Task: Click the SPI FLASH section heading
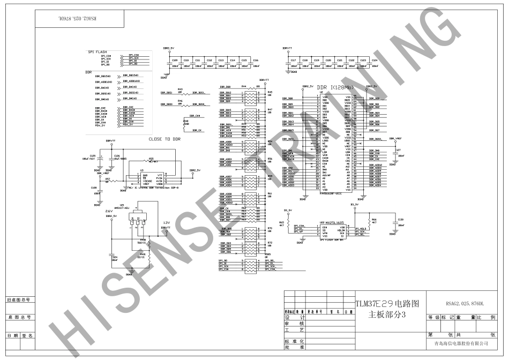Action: pyautogui.click(x=98, y=52)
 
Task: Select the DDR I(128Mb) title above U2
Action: pyautogui.click(x=335, y=87)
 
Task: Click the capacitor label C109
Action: pyautogui.click(x=175, y=60)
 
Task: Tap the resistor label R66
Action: pyautogui.click(x=374, y=220)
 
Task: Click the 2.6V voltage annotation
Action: pyautogui.click(x=109, y=211)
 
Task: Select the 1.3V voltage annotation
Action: pyautogui.click(x=167, y=223)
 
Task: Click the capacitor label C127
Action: pyautogui.click(x=398, y=150)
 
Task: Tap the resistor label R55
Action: pyautogui.click(x=151, y=159)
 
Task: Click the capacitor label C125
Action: pyautogui.click(x=93, y=156)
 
